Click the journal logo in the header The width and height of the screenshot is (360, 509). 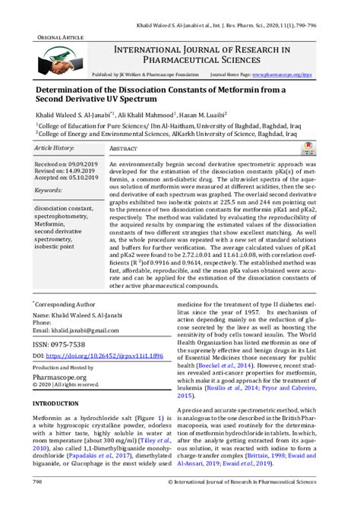[58, 60]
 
